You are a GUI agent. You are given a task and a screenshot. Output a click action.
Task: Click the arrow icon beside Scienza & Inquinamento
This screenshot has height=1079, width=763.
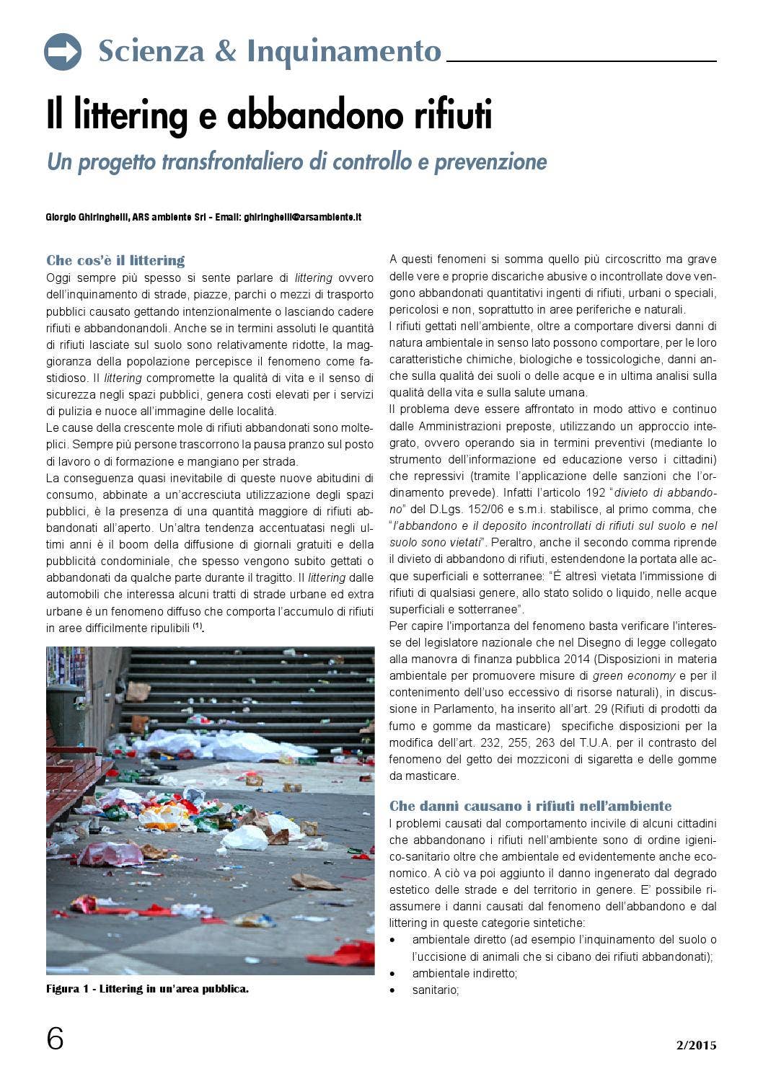pos(63,52)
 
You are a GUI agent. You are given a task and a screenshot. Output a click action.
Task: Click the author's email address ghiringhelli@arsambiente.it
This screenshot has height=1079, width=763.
pos(302,217)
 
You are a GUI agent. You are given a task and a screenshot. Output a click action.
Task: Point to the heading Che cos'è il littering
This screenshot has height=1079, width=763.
pos(115,260)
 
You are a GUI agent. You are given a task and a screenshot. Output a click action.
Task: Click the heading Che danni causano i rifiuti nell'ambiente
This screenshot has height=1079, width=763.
pos(530,806)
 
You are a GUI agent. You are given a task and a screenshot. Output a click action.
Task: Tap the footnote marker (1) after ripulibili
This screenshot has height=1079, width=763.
pos(198,626)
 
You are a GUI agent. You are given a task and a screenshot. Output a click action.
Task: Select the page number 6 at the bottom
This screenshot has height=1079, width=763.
pos(56,1039)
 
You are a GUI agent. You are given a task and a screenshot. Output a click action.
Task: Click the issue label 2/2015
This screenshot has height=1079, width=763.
pos(696,1045)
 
